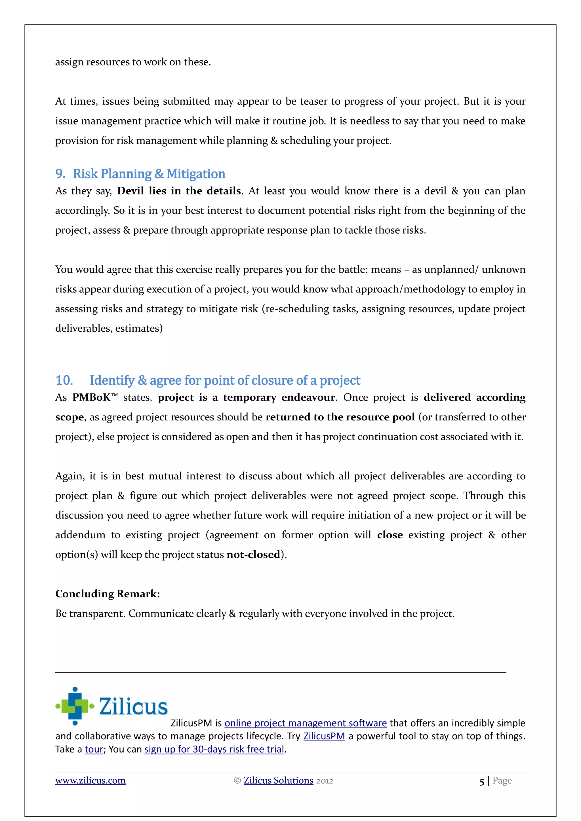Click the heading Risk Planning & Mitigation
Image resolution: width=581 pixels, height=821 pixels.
click(149, 174)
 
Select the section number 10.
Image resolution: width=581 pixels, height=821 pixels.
click(64, 380)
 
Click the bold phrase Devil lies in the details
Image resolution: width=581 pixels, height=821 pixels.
click(179, 191)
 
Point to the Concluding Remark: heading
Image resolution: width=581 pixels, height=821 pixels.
click(107, 594)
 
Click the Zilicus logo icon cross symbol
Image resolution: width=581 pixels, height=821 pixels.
click(75, 706)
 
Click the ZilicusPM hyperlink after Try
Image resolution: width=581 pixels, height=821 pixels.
click(324, 736)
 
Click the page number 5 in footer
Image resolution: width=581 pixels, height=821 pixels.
click(481, 782)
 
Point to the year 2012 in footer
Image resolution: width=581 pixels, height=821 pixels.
click(325, 781)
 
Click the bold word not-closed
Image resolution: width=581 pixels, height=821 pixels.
click(253, 555)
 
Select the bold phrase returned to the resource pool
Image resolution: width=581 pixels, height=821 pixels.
click(340, 417)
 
